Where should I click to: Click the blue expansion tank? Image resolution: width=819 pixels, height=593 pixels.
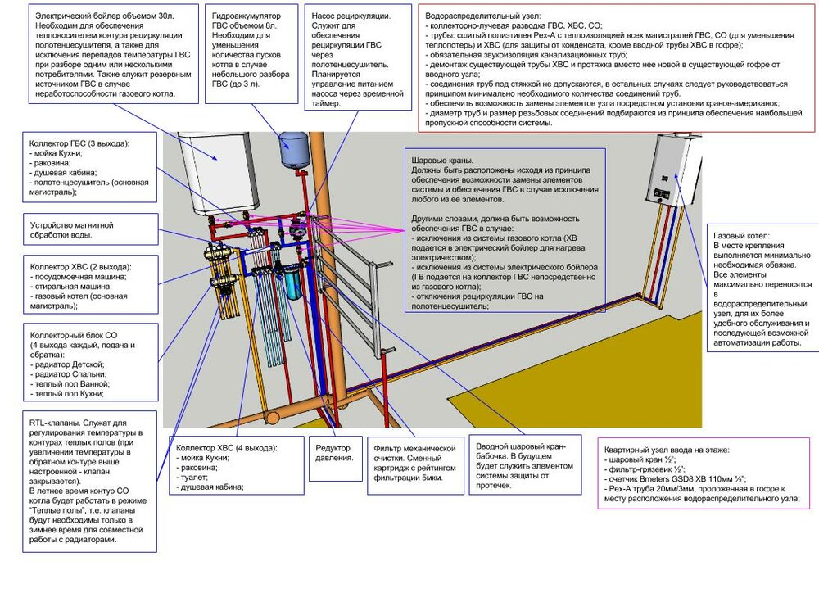(x=293, y=149)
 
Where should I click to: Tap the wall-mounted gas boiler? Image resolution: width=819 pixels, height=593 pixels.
(x=675, y=169)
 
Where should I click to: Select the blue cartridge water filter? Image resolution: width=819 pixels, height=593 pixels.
(x=293, y=283)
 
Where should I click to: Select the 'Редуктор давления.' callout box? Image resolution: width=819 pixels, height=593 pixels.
(x=335, y=458)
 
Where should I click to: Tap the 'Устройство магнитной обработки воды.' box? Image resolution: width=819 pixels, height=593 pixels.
(x=90, y=229)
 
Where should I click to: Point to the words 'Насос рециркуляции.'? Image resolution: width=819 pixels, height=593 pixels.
(x=351, y=16)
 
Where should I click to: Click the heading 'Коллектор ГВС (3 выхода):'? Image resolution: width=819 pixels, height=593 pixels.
(x=79, y=143)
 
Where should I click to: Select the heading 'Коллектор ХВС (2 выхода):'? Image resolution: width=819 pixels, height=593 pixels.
(x=81, y=266)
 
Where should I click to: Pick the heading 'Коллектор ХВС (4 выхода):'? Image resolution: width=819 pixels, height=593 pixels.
(x=227, y=448)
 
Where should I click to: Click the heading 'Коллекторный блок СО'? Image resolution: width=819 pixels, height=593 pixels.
(x=74, y=335)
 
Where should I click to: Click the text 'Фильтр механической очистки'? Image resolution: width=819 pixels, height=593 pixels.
(x=414, y=453)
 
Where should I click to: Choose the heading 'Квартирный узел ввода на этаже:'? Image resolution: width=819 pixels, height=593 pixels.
(x=667, y=450)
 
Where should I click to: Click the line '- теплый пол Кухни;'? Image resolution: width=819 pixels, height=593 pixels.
(x=67, y=393)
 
